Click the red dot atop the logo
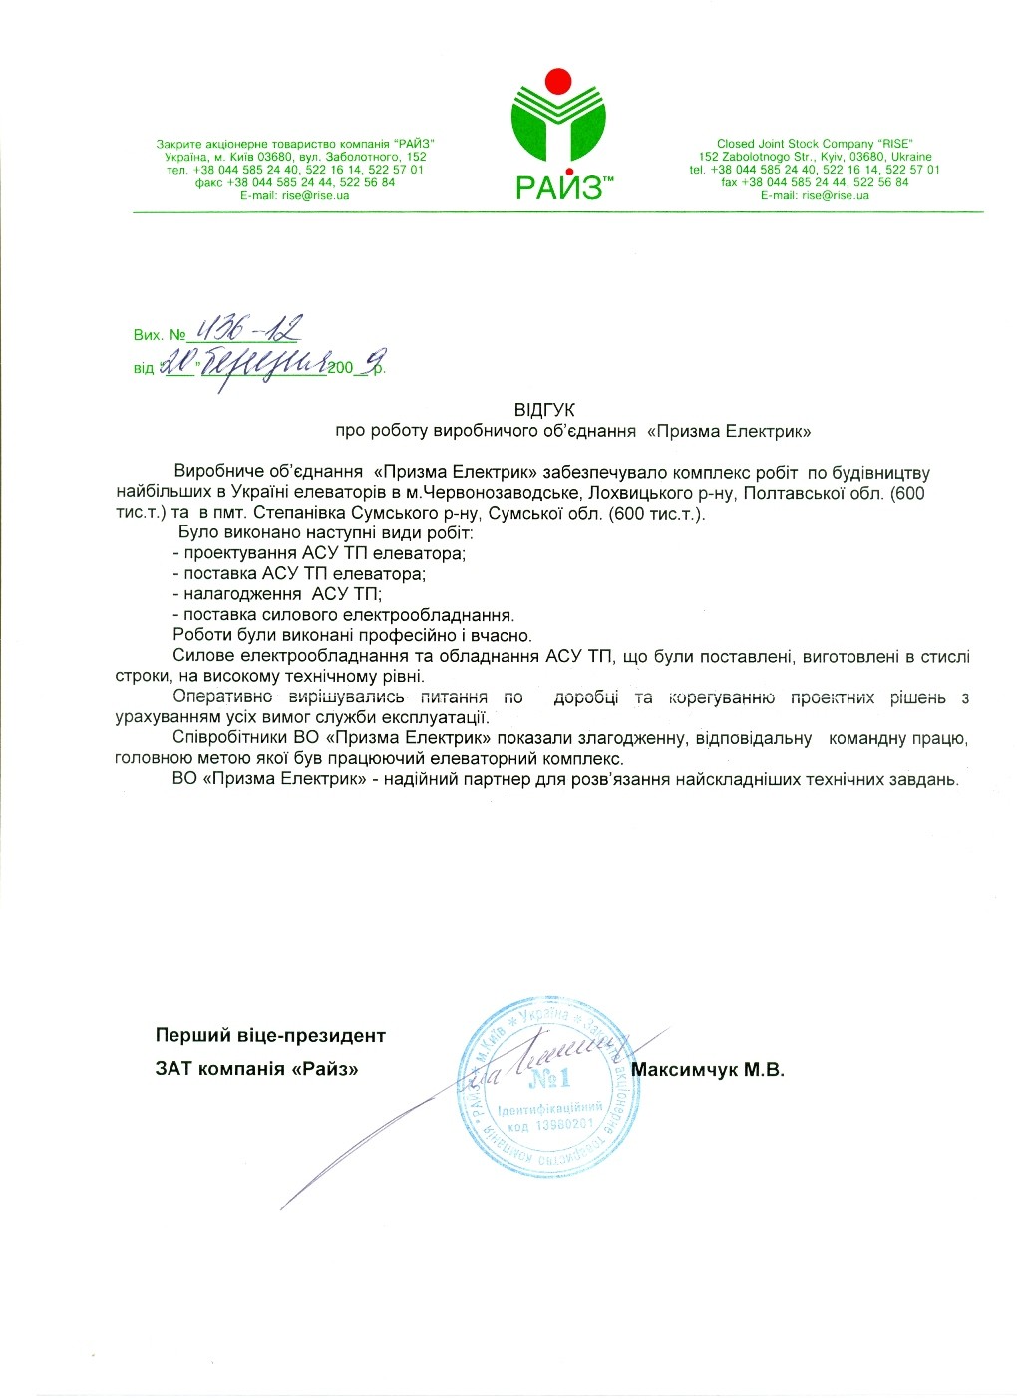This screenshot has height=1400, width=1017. (558, 79)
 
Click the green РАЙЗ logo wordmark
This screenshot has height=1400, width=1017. (558, 186)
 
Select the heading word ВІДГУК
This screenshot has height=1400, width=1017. (544, 410)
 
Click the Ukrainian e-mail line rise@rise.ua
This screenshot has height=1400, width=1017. (295, 196)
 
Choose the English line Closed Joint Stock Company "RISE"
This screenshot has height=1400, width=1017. (815, 144)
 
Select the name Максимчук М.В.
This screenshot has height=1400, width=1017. (708, 1070)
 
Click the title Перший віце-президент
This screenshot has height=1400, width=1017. (270, 1036)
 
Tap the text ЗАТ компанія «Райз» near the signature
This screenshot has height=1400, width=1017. (256, 1070)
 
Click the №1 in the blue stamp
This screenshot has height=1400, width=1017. (549, 1078)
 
